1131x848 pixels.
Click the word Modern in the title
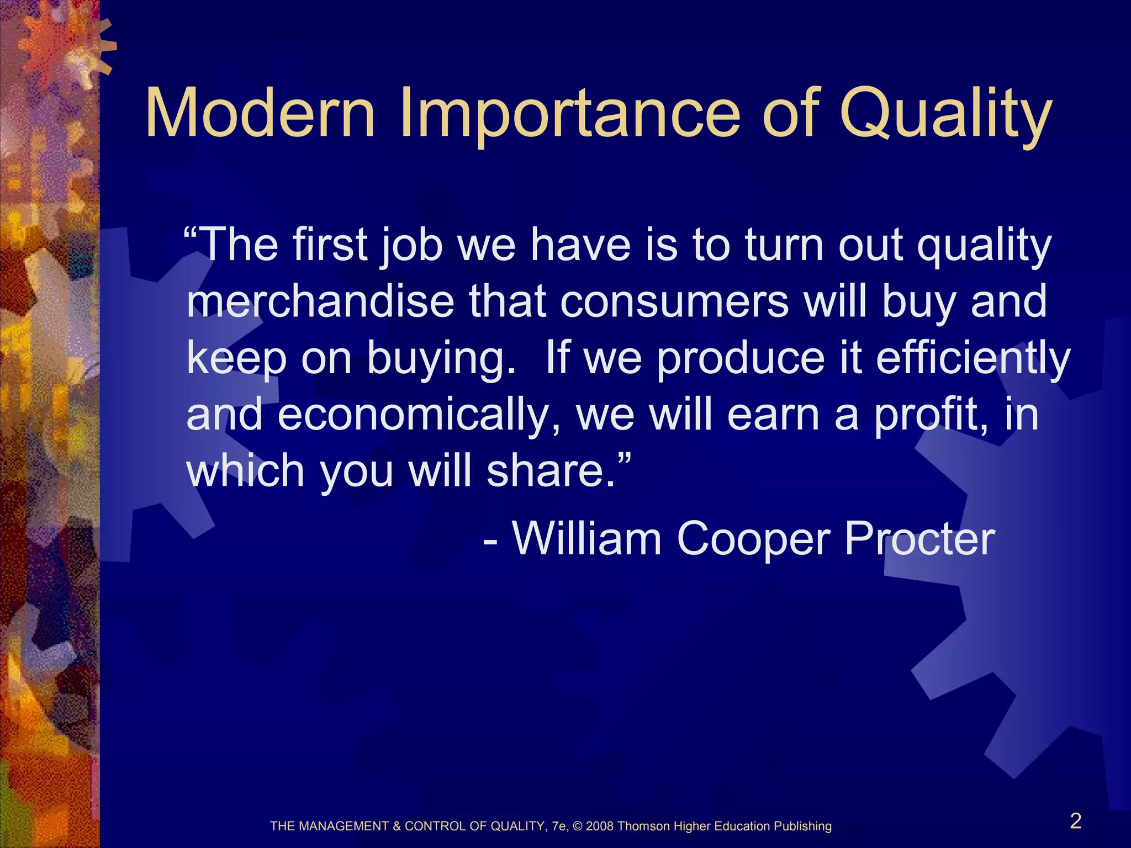[260, 113]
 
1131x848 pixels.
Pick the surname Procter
[919, 539]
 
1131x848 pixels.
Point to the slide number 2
[1075, 821]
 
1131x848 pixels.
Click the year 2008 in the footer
[600, 826]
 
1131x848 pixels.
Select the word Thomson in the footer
[644, 826]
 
